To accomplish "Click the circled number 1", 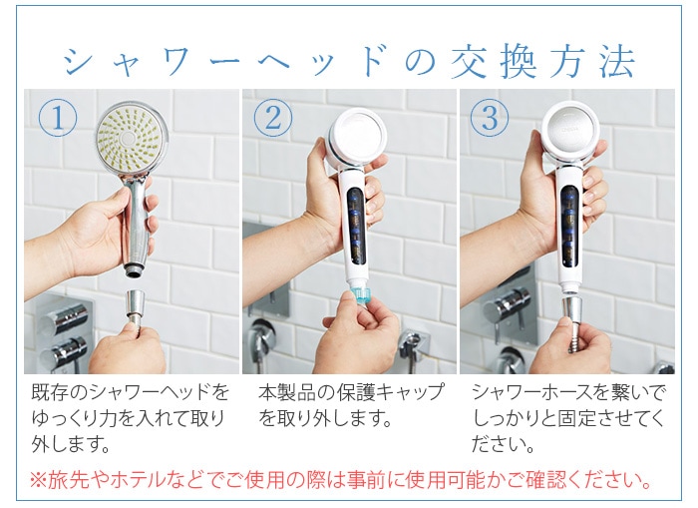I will tap(58, 119).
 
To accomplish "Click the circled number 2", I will tap(273, 119).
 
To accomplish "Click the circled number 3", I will tap(489, 119).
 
